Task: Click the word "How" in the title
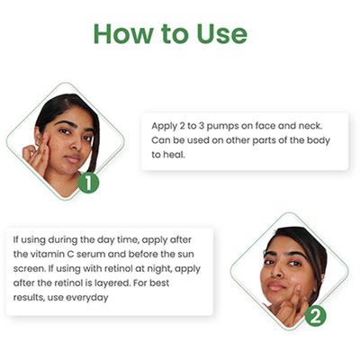coord(122,33)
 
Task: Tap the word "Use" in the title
coord(222,33)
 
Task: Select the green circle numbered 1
coord(88,183)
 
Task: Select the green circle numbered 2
coord(315,317)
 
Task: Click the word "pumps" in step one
coord(222,126)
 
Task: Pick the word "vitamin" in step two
coord(47,254)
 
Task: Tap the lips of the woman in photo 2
coord(276,286)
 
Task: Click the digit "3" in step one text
coord(202,126)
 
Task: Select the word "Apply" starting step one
coord(164,126)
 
